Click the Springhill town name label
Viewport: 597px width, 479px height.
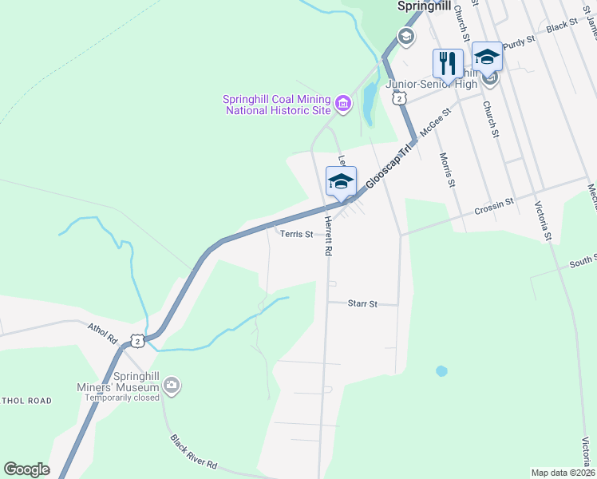tap(425, 6)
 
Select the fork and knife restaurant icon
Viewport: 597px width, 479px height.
tap(447, 62)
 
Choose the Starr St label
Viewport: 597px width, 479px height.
tap(362, 303)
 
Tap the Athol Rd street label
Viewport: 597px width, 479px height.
tap(102, 334)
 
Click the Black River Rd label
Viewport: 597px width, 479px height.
tap(194, 452)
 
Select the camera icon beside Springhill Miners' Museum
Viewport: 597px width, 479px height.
tap(171, 386)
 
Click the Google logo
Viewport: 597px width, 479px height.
tap(26, 469)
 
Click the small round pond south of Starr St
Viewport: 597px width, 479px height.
tap(441, 371)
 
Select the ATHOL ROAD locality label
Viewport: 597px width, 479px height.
tap(26, 401)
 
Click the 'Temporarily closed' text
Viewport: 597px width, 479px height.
tap(123, 398)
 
